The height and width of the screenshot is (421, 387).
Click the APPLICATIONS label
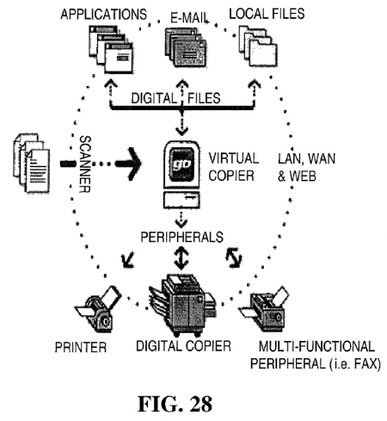(x=103, y=15)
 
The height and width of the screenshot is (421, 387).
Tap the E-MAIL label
(x=189, y=18)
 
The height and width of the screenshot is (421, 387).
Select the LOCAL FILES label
(x=267, y=14)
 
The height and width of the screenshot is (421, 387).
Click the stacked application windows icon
(x=111, y=49)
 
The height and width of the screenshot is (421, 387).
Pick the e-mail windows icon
(x=186, y=48)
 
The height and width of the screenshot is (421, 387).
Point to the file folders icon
(x=258, y=46)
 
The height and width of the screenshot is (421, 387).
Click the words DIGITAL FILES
(x=175, y=98)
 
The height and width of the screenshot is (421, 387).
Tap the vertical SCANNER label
(x=84, y=164)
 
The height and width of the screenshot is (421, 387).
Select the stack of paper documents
(x=32, y=163)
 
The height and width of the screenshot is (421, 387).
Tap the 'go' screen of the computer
(x=181, y=164)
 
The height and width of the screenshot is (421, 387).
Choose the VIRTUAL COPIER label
(x=233, y=167)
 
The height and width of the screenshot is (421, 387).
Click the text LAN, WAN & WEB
(x=306, y=167)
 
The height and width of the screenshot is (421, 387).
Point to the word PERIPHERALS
(x=181, y=237)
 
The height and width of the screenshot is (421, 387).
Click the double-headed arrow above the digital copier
(x=181, y=257)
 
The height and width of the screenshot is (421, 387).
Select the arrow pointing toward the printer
(x=127, y=259)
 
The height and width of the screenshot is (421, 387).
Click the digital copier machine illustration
(x=182, y=305)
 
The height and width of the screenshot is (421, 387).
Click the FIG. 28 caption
(x=175, y=404)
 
